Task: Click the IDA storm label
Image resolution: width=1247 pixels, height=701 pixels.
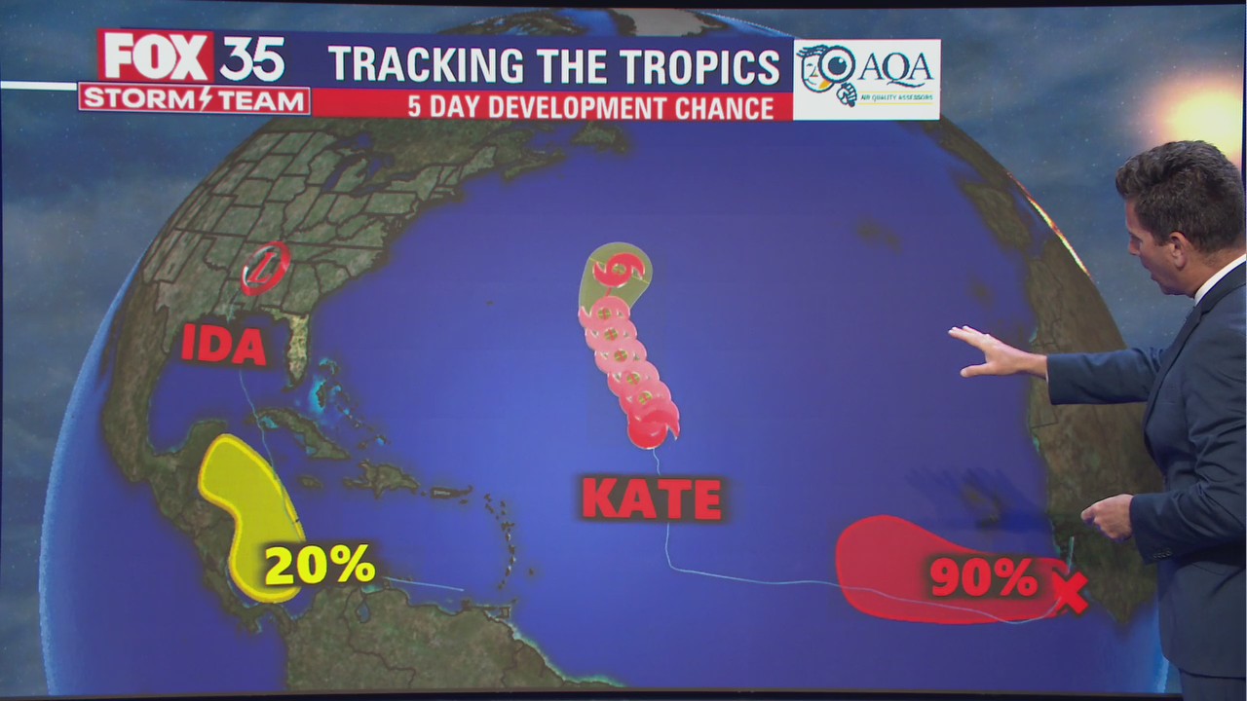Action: coord(223,346)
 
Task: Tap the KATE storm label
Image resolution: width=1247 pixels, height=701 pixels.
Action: coord(652,498)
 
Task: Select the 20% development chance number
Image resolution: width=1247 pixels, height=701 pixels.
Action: coord(319,564)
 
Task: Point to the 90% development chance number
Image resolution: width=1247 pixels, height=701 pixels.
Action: coord(982,576)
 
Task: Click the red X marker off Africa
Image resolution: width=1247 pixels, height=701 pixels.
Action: coord(1070,593)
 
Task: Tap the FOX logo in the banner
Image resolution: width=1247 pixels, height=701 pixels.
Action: coord(156,57)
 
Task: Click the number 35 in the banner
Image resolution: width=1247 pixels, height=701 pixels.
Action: coord(252,59)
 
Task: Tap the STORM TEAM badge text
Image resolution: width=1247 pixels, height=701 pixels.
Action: coord(194,99)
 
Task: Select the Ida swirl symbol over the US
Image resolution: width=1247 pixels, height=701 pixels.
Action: coord(265,268)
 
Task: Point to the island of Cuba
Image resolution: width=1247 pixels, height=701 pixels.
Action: coord(302,433)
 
